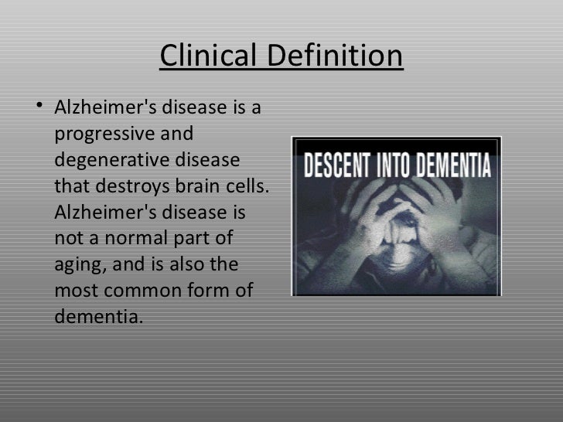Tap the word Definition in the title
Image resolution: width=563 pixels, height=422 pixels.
click(336, 56)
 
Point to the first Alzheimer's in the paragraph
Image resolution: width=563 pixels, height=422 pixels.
click(106, 108)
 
